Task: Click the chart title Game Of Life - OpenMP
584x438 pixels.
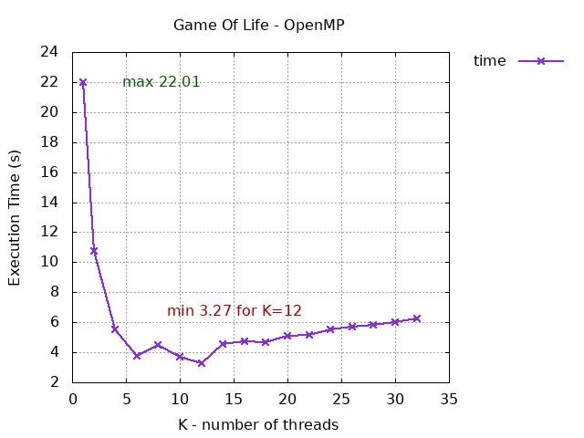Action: (259, 25)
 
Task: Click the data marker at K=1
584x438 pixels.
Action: (83, 82)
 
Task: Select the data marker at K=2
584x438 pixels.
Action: (94, 250)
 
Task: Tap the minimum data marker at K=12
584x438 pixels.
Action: (201, 363)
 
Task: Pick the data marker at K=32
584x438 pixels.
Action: (416, 318)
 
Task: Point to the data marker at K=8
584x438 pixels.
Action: (158, 345)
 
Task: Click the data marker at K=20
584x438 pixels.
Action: (287, 336)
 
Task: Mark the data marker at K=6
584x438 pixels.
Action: (137, 355)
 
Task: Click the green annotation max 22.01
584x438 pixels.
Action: (162, 82)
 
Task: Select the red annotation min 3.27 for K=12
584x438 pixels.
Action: (235, 311)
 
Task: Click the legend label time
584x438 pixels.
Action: (489, 61)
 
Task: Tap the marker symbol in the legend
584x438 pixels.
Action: (540, 61)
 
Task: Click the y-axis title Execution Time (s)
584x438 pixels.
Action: (15, 217)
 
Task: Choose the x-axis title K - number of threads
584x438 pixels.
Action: (258, 425)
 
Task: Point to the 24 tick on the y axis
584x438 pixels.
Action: (50, 52)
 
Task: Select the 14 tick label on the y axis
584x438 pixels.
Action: (50, 203)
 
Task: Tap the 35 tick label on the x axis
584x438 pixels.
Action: (448, 399)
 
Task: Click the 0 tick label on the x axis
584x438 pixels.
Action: (73, 399)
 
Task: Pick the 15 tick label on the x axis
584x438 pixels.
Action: (234, 399)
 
